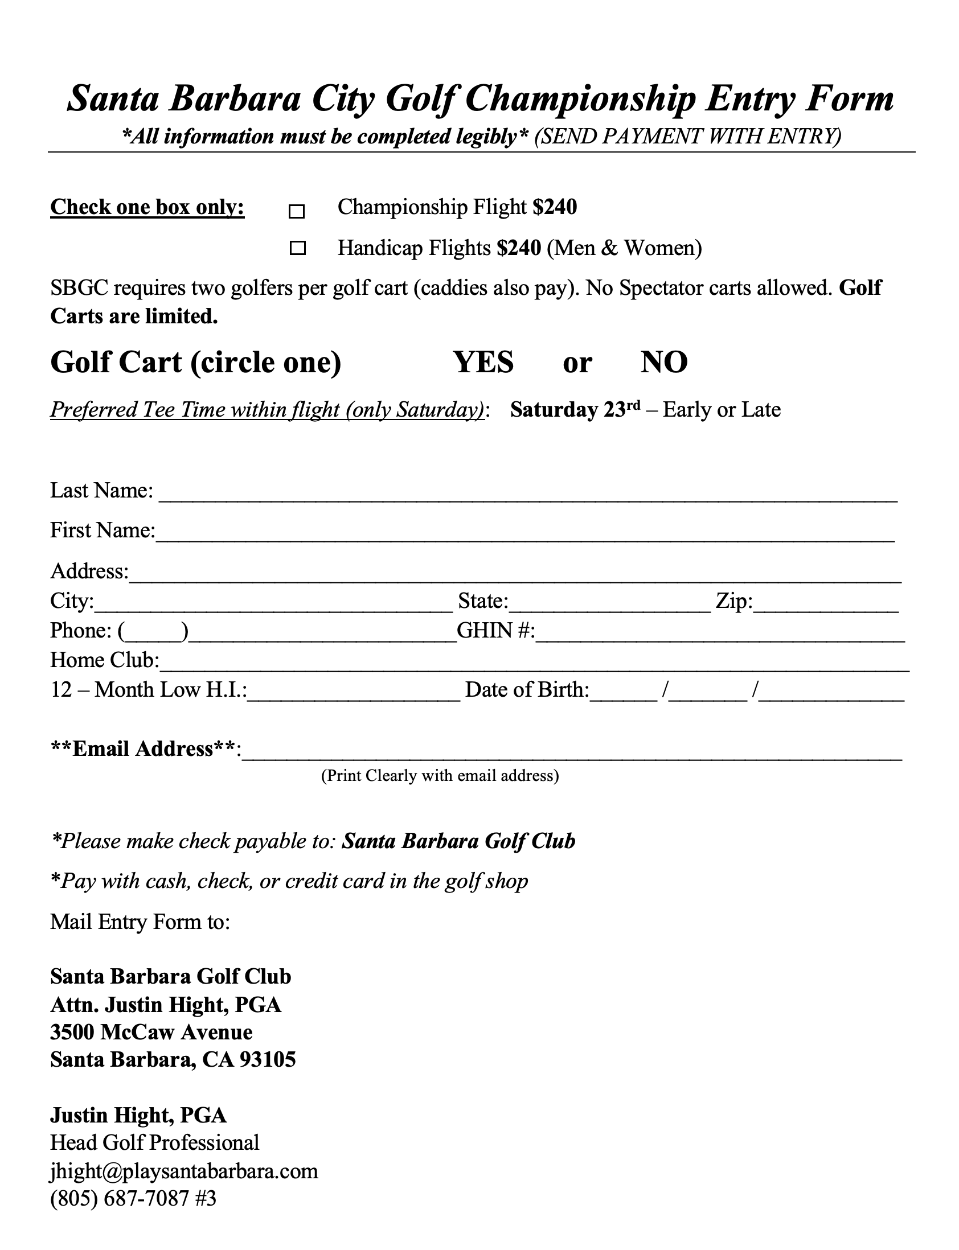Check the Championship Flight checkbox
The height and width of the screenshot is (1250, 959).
297,212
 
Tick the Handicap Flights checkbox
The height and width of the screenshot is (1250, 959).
297,248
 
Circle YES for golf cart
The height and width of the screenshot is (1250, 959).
483,362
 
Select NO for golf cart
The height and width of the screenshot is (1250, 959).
664,362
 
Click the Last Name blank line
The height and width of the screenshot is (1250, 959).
527,494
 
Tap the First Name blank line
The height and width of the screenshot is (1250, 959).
525,534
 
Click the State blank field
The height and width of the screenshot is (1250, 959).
610,605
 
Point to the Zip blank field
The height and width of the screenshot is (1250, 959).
826,605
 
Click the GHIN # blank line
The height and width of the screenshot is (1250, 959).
720,635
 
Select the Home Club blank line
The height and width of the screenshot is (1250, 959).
534,664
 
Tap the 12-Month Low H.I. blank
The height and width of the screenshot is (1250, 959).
354,694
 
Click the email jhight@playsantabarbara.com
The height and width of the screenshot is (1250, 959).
184,1171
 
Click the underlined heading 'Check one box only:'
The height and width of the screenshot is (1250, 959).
147,207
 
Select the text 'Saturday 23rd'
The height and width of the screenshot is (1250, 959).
575,410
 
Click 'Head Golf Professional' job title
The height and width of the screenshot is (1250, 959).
155,1143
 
